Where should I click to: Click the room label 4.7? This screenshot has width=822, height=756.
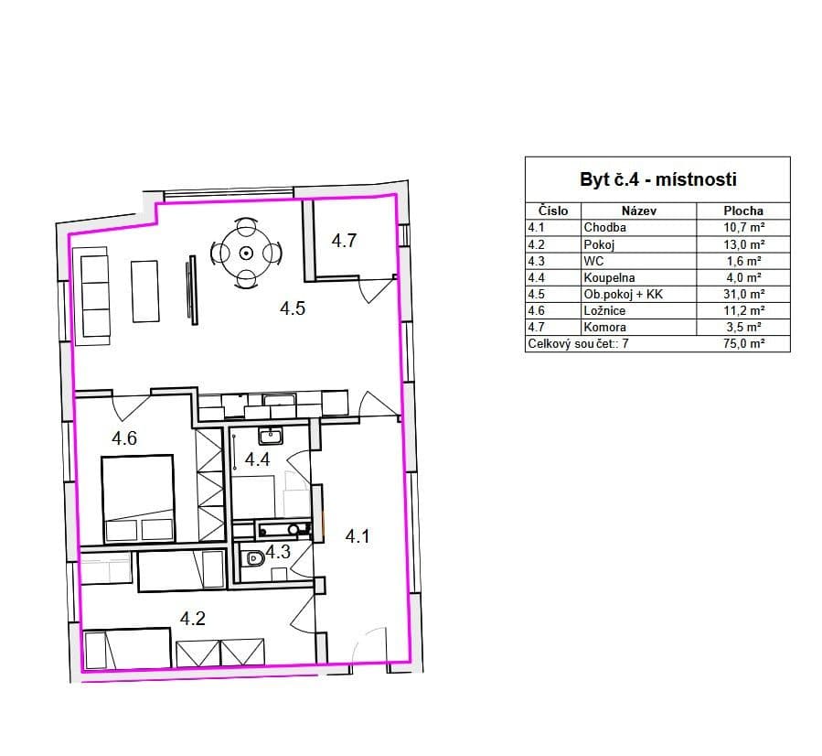point(344,241)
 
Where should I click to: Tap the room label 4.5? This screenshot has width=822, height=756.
point(292,308)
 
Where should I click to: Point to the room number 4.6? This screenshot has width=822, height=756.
point(124,438)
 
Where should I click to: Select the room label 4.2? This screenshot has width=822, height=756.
point(192,619)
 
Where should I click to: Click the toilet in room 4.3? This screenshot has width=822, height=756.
point(255,558)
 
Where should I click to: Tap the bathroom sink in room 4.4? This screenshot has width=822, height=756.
point(271,436)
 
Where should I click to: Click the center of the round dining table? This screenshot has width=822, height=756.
point(246,254)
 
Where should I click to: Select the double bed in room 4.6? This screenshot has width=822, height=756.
point(138,499)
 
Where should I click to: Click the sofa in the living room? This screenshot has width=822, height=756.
point(93,296)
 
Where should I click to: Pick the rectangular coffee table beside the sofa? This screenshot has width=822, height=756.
point(144,291)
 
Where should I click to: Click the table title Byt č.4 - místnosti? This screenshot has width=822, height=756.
point(658,179)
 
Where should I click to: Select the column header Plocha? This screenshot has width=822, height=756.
point(743,211)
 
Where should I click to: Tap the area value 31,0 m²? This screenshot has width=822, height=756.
point(744,294)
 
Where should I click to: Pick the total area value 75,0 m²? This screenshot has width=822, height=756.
point(744,343)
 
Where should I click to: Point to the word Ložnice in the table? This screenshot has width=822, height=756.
point(604,310)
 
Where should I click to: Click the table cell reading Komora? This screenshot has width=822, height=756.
point(605,328)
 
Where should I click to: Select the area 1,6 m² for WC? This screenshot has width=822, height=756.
point(744,261)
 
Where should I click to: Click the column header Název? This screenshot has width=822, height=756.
point(639,211)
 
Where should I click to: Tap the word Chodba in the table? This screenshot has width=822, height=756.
point(605,227)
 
